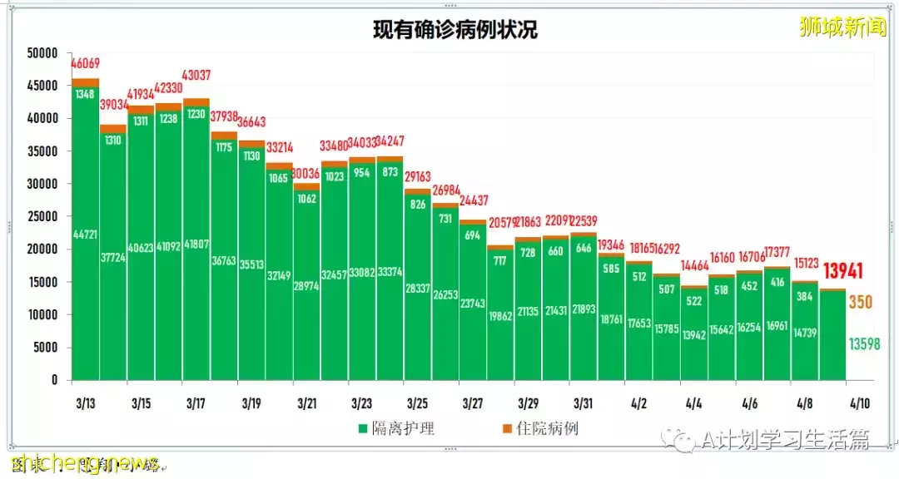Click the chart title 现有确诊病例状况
click(x=454, y=31)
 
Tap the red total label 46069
click(x=86, y=64)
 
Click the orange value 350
click(x=860, y=303)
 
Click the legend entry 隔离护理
click(x=396, y=429)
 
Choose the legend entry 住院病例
click(x=540, y=429)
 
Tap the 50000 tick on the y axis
click(x=42, y=53)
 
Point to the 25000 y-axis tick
click(x=42, y=216)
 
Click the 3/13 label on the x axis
click(x=84, y=403)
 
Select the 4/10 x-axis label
click(x=859, y=403)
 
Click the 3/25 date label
click(x=416, y=403)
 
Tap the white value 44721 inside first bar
click(x=86, y=234)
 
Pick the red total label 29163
click(x=418, y=177)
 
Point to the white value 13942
click(x=694, y=334)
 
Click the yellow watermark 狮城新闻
click(x=842, y=27)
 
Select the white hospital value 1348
click(x=86, y=94)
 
